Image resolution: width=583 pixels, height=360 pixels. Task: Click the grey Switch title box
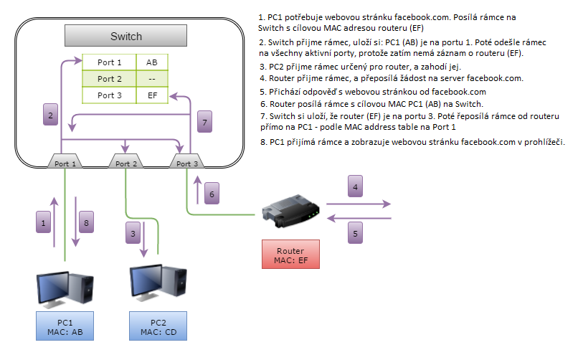125,36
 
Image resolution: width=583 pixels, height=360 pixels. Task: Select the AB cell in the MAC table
152,62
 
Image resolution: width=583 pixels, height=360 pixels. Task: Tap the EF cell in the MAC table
152,95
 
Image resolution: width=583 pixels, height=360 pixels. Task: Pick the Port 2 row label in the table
110,79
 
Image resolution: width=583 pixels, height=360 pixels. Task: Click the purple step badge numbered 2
50,115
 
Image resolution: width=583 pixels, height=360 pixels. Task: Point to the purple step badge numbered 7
205,123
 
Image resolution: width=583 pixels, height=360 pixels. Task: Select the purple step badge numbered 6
210,194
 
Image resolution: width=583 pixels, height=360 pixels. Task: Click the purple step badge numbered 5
354,233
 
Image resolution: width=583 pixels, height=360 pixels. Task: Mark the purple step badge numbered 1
44,224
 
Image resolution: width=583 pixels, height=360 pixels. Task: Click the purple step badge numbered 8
85,224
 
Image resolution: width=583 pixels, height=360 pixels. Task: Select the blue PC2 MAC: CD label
158,326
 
